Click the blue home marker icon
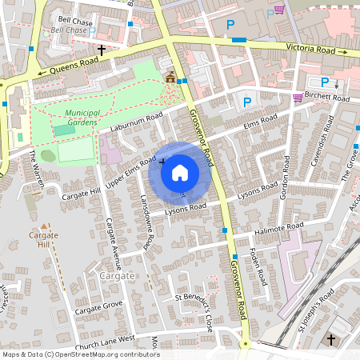point(179,171)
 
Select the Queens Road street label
point(67,69)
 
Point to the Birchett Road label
point(329,98)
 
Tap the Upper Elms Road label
point(130,173)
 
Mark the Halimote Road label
point(281,227)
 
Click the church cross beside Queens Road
point(102,50)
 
